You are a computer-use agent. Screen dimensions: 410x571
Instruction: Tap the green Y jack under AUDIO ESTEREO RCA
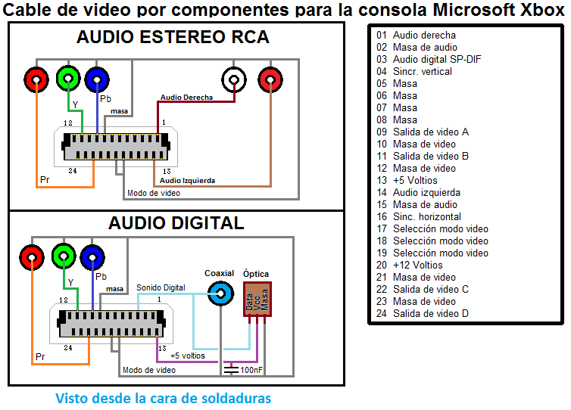(68, 77)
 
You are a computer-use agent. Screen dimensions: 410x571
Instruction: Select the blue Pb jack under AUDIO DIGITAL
(94, 258)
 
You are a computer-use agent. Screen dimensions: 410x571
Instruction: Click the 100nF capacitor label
(251, 370)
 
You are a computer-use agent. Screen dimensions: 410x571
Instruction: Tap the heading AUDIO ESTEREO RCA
(173, 37)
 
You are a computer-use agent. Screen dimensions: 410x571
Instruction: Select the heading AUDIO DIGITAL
(176, 222)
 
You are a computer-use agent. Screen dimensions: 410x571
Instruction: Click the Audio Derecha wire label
(186, 98)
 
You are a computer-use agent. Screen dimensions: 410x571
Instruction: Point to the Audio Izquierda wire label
(187, 181)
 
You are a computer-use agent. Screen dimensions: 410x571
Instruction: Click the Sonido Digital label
(161, 287)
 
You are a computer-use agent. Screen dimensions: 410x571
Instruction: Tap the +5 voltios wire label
(187, 356)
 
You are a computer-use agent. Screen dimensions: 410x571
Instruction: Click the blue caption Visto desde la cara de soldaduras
(163, 398)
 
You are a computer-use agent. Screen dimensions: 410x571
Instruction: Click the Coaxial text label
(220, 273)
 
